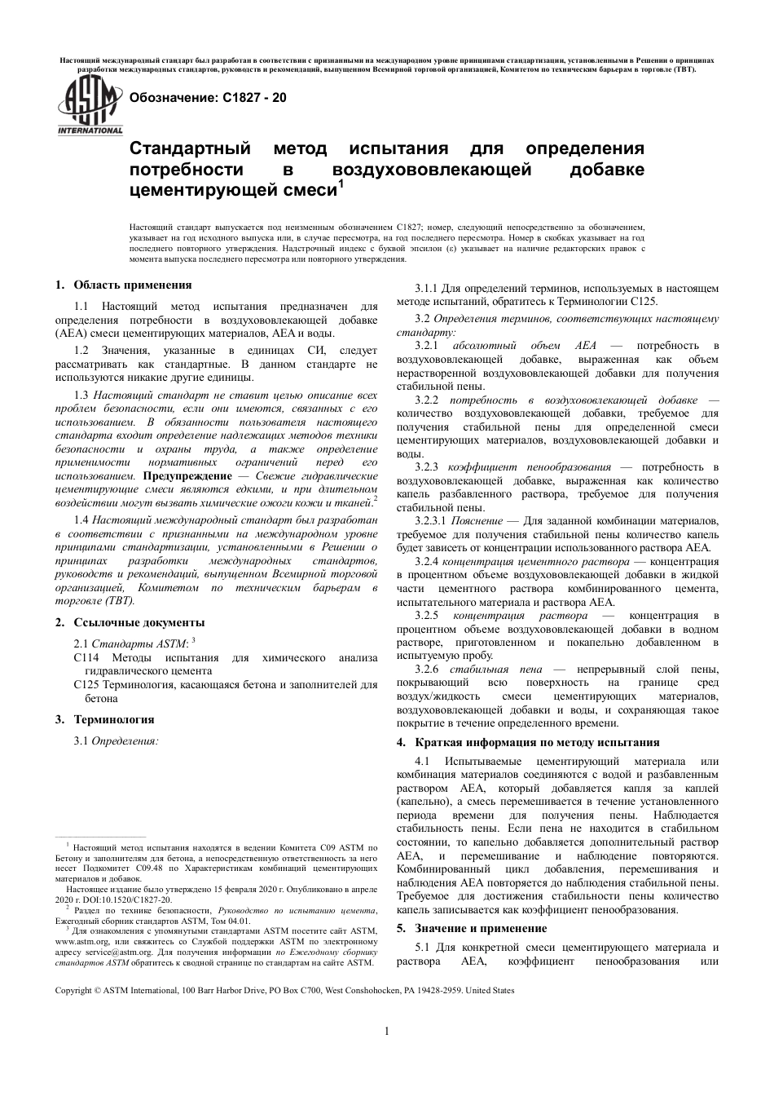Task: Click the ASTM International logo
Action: pyautogui.click(x=89, y=108)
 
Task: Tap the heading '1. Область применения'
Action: pyautogui.click(x=123, y=285)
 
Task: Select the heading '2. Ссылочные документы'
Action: pyautogui.click(x=129, y=622)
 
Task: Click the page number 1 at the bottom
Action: pyautogui.click(x=386, y=1031)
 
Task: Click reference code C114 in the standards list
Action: pyautogui.click(x=86, y=657)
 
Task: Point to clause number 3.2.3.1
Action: pyautogui.click(x=431, y=520)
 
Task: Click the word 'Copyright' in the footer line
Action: pyautogui.click(x=74, y=990)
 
